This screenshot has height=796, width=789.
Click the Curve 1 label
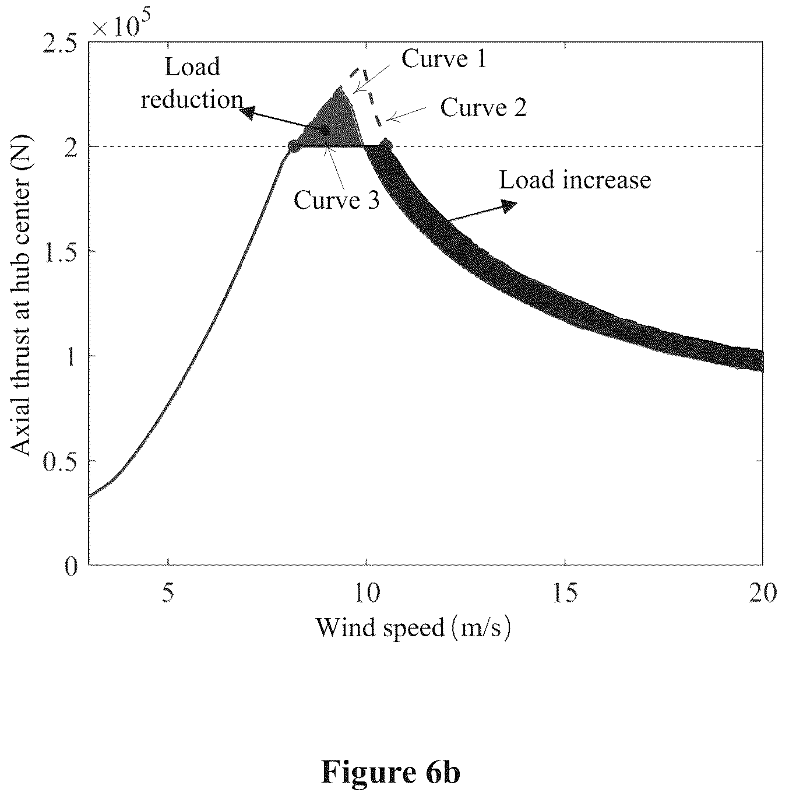click(444, 59)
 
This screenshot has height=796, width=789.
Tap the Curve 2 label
click(484, 107)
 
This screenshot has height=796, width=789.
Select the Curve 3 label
click(336, 200)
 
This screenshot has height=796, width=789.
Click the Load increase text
click(575, 180)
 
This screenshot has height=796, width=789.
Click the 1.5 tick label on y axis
click(60, 253)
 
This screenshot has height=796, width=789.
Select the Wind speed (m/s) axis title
click(413, 628)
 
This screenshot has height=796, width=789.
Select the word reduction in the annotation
click(192, 100)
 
